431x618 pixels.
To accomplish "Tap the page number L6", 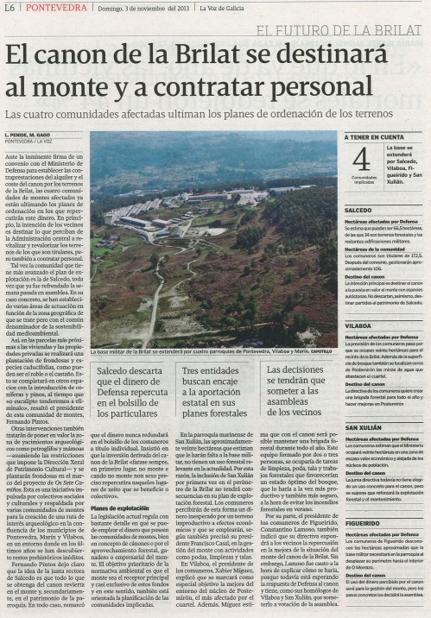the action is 10,8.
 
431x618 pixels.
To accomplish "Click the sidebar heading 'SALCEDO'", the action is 358,210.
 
